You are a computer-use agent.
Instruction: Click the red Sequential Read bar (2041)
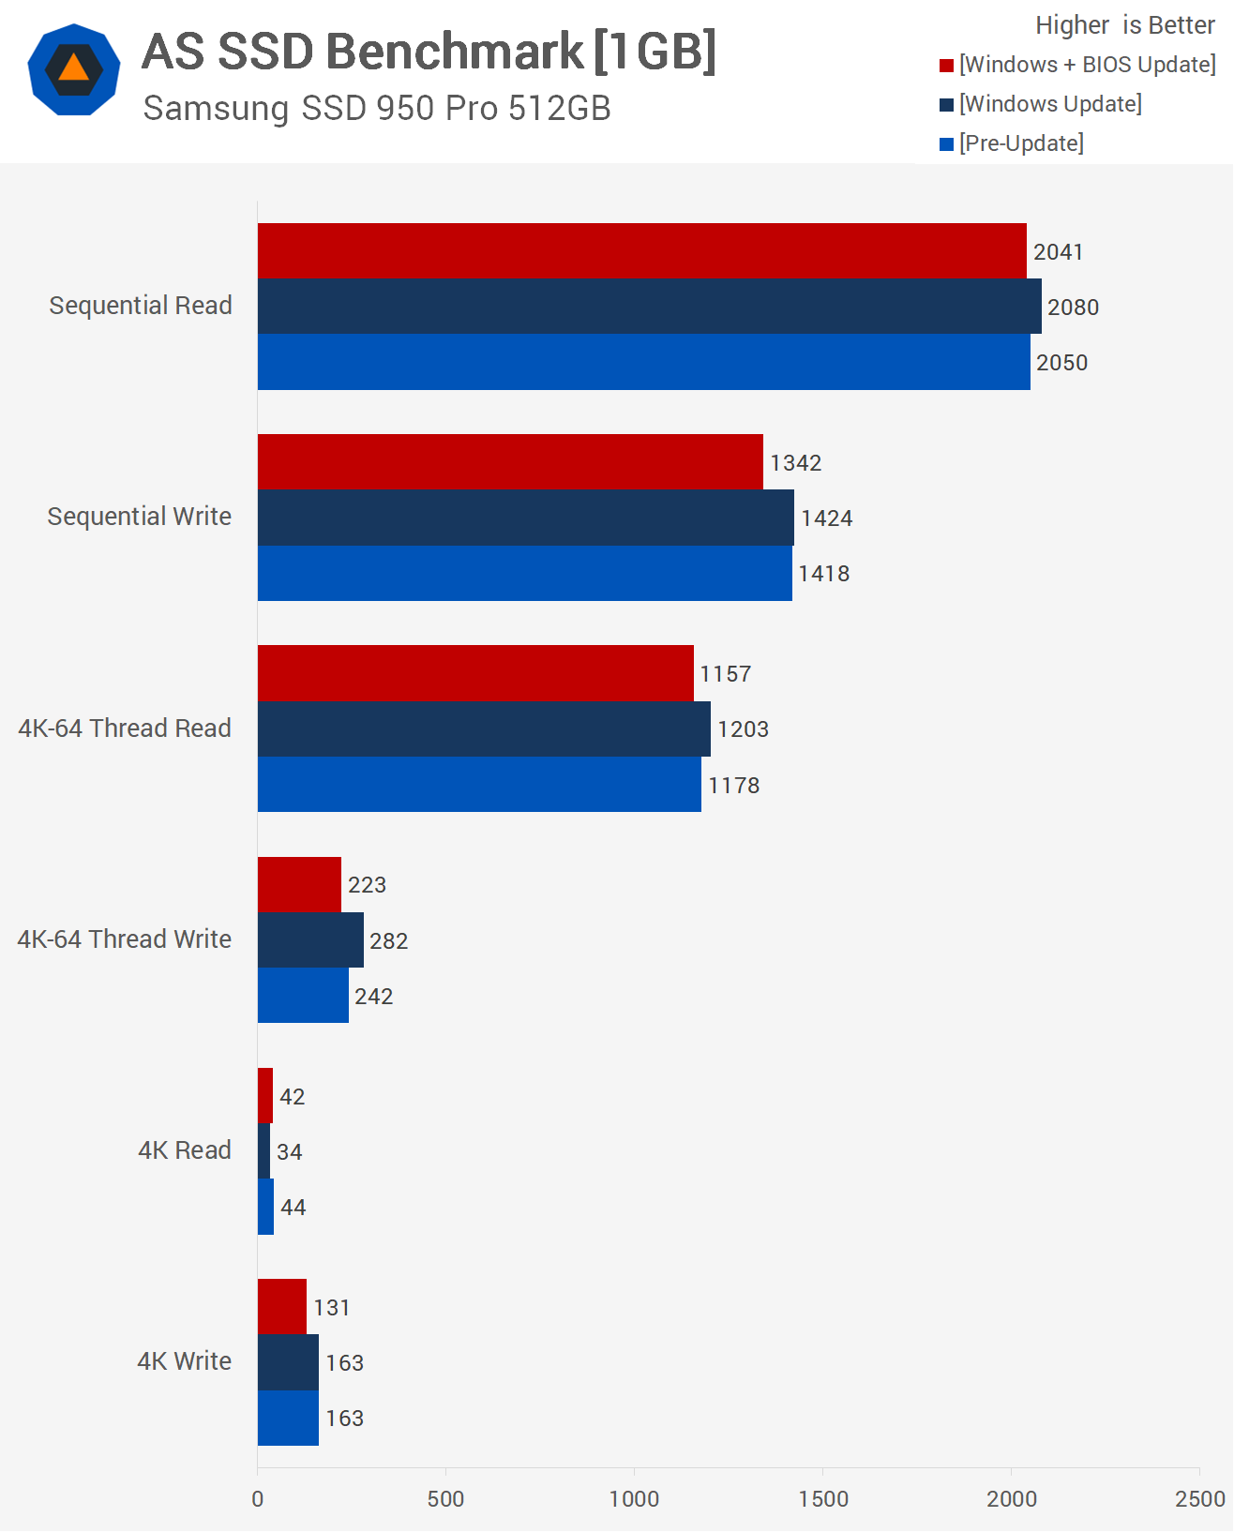641,251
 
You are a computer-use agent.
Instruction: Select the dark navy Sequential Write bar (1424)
525,518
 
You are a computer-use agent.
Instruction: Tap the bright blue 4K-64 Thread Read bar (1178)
479,785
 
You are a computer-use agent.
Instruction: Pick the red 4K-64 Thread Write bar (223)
299,884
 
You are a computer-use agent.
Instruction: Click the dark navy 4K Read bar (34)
264,1151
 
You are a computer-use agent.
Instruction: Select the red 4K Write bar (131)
282,1307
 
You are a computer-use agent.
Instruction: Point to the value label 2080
1073,308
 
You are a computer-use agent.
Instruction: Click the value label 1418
824,574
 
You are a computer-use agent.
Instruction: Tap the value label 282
388,940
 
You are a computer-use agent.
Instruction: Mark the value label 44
293,1208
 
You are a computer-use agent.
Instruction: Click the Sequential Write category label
140,517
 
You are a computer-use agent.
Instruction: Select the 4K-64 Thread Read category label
125,728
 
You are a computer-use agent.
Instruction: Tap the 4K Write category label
184,1361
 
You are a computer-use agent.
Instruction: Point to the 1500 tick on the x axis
823,1498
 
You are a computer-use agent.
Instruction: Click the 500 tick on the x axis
445,1498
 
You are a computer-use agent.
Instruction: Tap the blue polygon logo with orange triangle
74,70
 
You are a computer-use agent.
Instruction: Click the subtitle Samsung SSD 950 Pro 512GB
377,109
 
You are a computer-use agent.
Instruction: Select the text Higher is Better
1124,25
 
